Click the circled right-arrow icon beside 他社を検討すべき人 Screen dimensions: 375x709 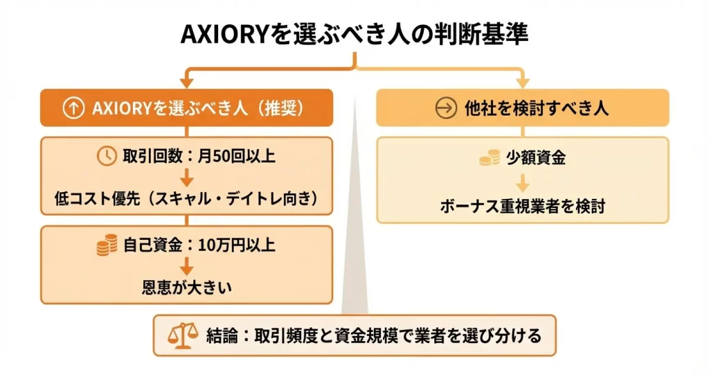pyautogui.click(x=447, y=108)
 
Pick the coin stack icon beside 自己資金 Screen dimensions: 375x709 pyautogui.click(x=106, y=245)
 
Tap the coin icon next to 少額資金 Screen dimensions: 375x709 pyautogui.click(x=490, y=157)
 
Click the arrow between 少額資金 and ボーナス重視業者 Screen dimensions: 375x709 pyautogui.click(x=523, y=182)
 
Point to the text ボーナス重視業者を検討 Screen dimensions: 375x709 pyautogui.click(x=523, y=207)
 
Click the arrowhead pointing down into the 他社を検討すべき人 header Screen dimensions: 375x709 pyautogui.click(x=523, y=82)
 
